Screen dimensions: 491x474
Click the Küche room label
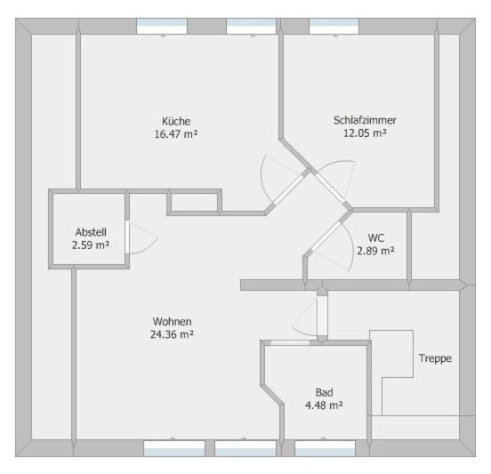176,121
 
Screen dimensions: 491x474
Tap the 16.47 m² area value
176,134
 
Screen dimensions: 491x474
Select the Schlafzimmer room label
365,120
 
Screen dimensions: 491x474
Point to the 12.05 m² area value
365,133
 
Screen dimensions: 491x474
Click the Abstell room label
91,232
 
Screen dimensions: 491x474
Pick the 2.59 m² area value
91,245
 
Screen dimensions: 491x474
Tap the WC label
375,238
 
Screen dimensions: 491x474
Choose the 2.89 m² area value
375,251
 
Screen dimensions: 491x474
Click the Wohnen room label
172,322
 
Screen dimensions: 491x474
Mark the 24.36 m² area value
172,334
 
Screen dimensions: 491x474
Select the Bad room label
324,392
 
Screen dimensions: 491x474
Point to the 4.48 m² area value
324,406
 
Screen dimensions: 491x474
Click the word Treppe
435,358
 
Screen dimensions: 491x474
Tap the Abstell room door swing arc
149,247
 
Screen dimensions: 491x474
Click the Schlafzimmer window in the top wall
334,26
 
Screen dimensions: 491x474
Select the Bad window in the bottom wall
325,448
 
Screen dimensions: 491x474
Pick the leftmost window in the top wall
162,26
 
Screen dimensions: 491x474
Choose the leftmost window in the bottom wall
174,448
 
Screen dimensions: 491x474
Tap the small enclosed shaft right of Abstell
195,202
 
